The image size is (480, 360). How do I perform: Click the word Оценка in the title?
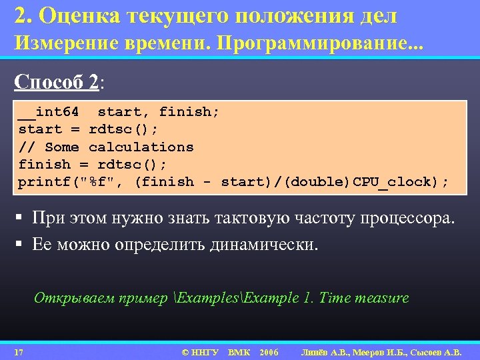click(83, 15)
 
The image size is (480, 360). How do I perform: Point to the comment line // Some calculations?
click(106, 147)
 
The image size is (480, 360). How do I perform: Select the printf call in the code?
click(40, 181)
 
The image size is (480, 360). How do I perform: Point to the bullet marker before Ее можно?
click(21, 245)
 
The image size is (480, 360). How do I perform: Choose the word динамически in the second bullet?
click(264, 245)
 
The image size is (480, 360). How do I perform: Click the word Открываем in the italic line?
click(67, 298)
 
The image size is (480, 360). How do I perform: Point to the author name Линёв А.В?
click(325, 351)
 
